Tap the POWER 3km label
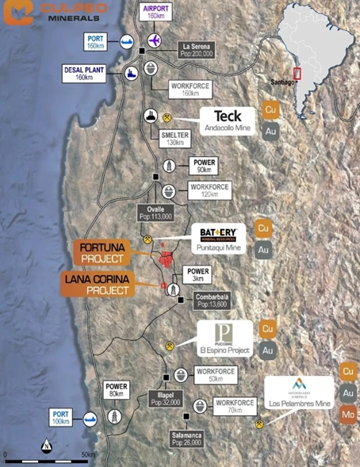click(197, 274)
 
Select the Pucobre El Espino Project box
click(224, 339)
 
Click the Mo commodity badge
click(348, 413)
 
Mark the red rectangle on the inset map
click(297, 74)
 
